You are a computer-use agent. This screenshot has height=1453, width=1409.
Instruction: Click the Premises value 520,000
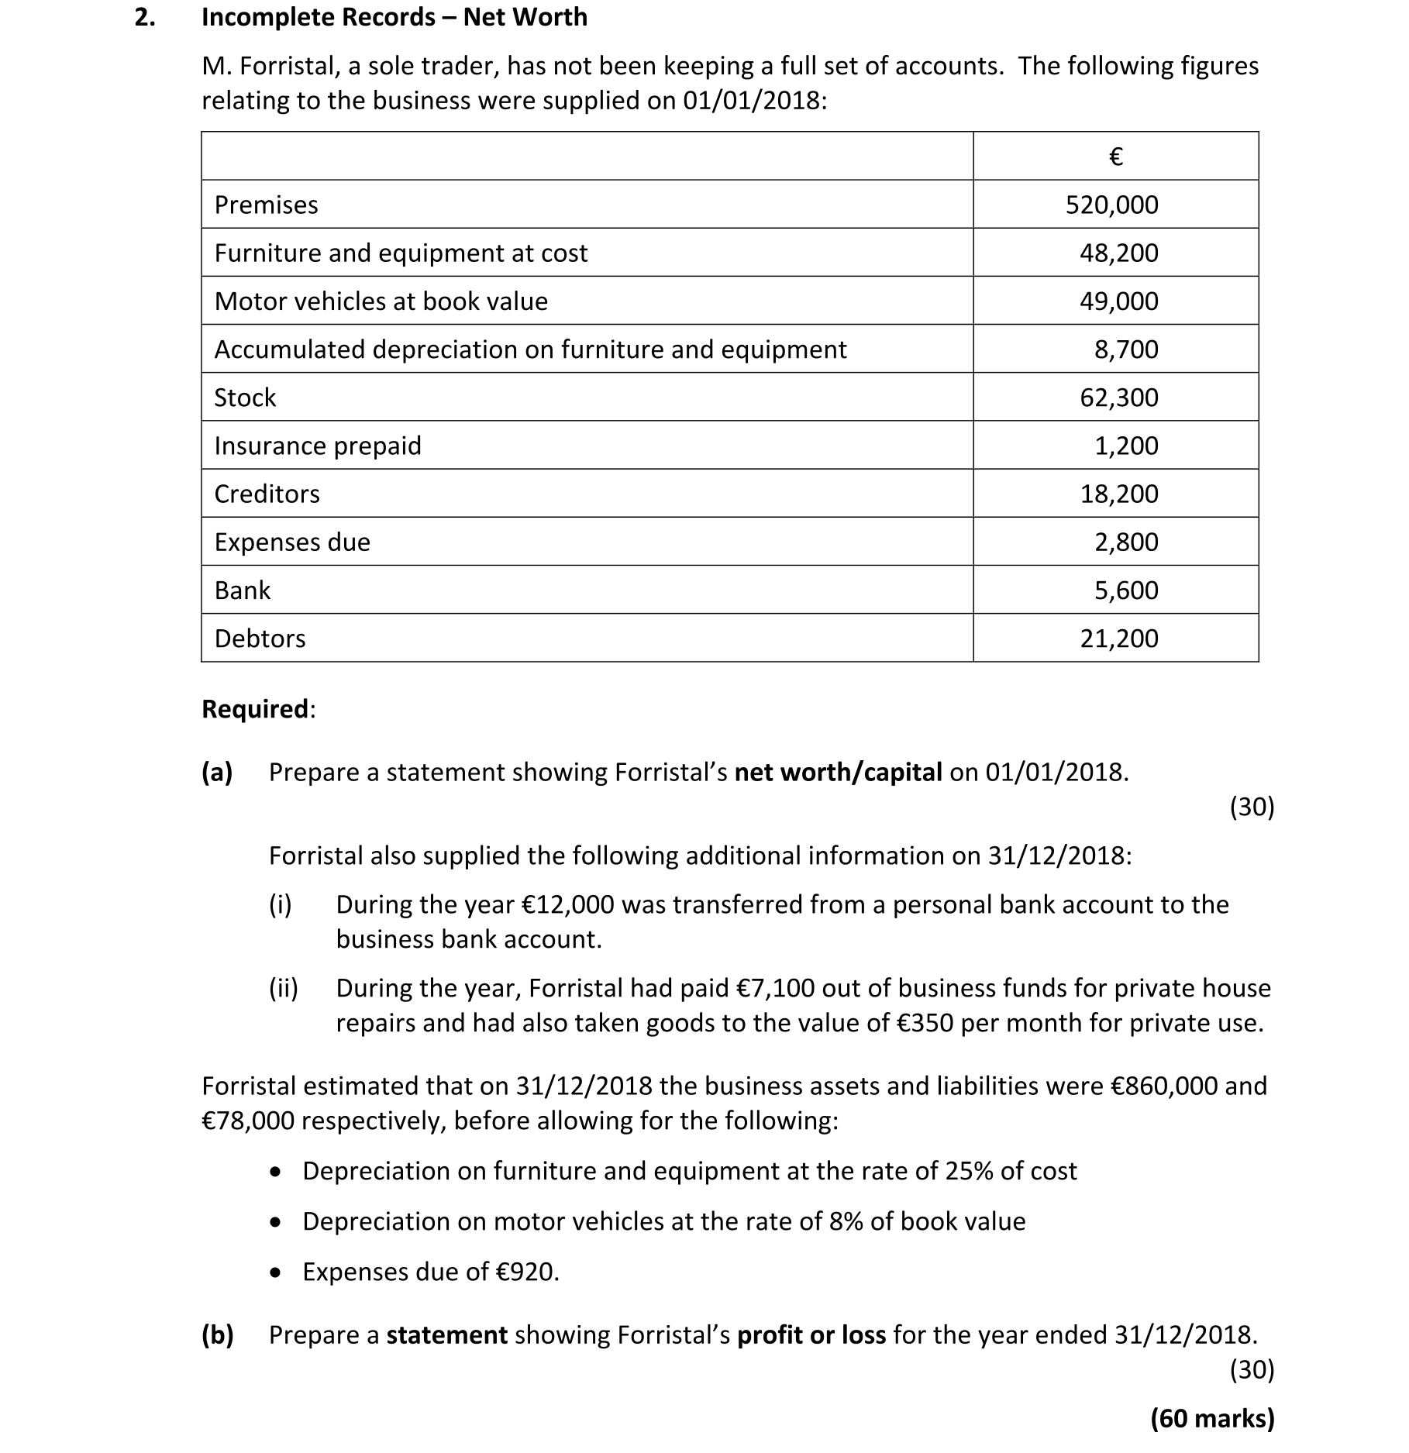[1111, 205]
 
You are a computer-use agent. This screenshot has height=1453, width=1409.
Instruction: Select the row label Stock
[245, 398]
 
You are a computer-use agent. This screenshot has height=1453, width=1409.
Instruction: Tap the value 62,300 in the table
[1118, 398]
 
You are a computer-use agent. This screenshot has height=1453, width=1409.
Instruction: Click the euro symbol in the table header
[1115, 157]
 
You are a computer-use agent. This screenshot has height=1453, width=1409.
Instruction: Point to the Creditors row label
[267, 494]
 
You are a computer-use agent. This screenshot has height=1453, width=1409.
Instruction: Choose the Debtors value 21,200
[1118, 639]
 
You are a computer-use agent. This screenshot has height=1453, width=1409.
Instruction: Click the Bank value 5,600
[1125, 590]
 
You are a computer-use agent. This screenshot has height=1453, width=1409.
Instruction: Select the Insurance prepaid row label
[318, 446]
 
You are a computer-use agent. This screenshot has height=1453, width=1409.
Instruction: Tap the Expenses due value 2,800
[1125, 542]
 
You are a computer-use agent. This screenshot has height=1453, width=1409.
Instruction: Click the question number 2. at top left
[144, 17]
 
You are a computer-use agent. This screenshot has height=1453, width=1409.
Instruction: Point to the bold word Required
[256, 709]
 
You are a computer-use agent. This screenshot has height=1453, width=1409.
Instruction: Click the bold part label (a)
[218, 772]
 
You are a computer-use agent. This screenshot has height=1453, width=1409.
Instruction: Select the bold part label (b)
[218, 1334]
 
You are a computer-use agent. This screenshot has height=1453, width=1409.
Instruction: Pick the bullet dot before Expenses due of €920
[275, 1272]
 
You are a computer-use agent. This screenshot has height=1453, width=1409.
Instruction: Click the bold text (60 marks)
[1212, 1418]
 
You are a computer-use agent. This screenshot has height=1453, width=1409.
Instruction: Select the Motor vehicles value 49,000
[1118, 301]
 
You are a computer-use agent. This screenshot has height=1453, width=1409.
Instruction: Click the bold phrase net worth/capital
[838, 772]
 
